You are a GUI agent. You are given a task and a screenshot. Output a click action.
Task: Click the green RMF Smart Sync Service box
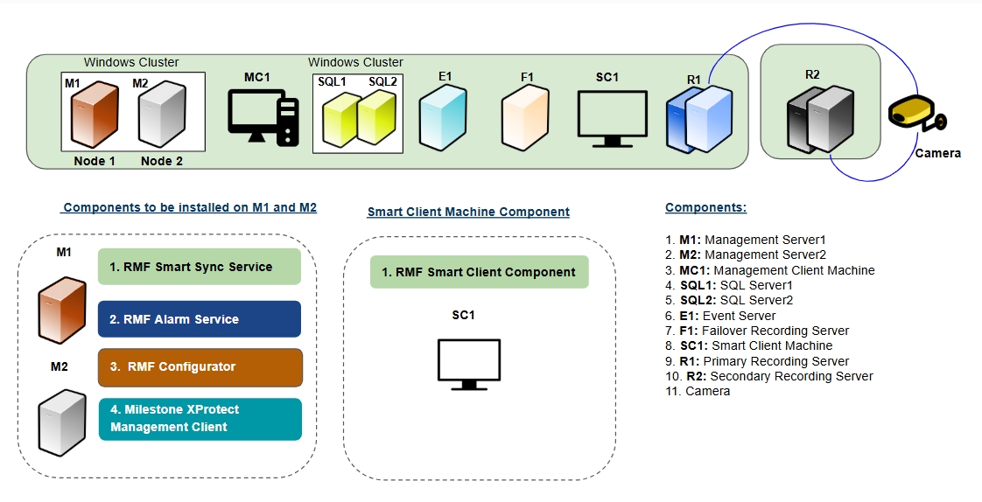(x=200, y=267)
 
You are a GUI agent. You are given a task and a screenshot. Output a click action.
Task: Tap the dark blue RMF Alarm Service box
(x=200, y=319)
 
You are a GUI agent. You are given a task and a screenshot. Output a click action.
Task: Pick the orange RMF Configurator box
(x=200, y=367)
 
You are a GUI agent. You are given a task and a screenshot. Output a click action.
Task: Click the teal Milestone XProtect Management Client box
(x=200, y=419)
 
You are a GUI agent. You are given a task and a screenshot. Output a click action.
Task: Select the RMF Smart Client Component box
(x=479, y=272)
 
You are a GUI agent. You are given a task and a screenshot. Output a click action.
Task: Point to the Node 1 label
(x=95, y=161)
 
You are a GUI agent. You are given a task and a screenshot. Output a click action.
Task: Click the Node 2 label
(x=162, y=161)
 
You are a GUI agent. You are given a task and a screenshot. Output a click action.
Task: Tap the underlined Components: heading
(x=705, y=208)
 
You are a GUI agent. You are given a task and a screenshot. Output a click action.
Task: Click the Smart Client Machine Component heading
(x=468, y=212)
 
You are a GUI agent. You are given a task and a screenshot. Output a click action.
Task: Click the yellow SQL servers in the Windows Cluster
(x=357, y=119)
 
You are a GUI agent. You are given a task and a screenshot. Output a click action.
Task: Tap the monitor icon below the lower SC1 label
(x=468, y=365)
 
